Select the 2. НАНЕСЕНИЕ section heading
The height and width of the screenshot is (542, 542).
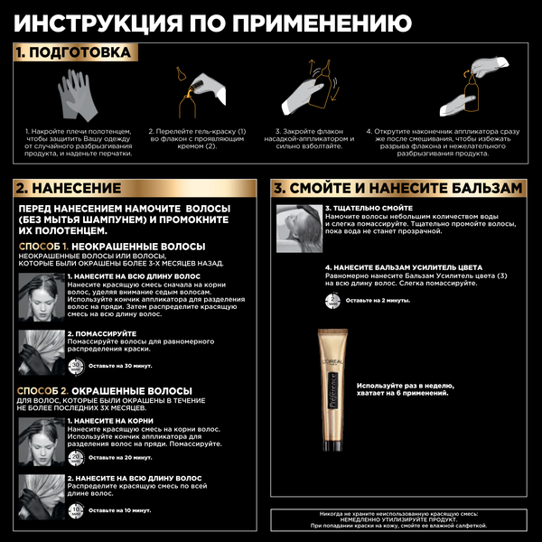tap(69, 188)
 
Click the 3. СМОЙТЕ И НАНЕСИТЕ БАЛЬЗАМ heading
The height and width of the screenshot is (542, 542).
tap(398, 188)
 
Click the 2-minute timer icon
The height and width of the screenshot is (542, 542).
tap(332, 299)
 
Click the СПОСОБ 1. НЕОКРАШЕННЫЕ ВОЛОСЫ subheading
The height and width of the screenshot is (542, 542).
tap(112, 246)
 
